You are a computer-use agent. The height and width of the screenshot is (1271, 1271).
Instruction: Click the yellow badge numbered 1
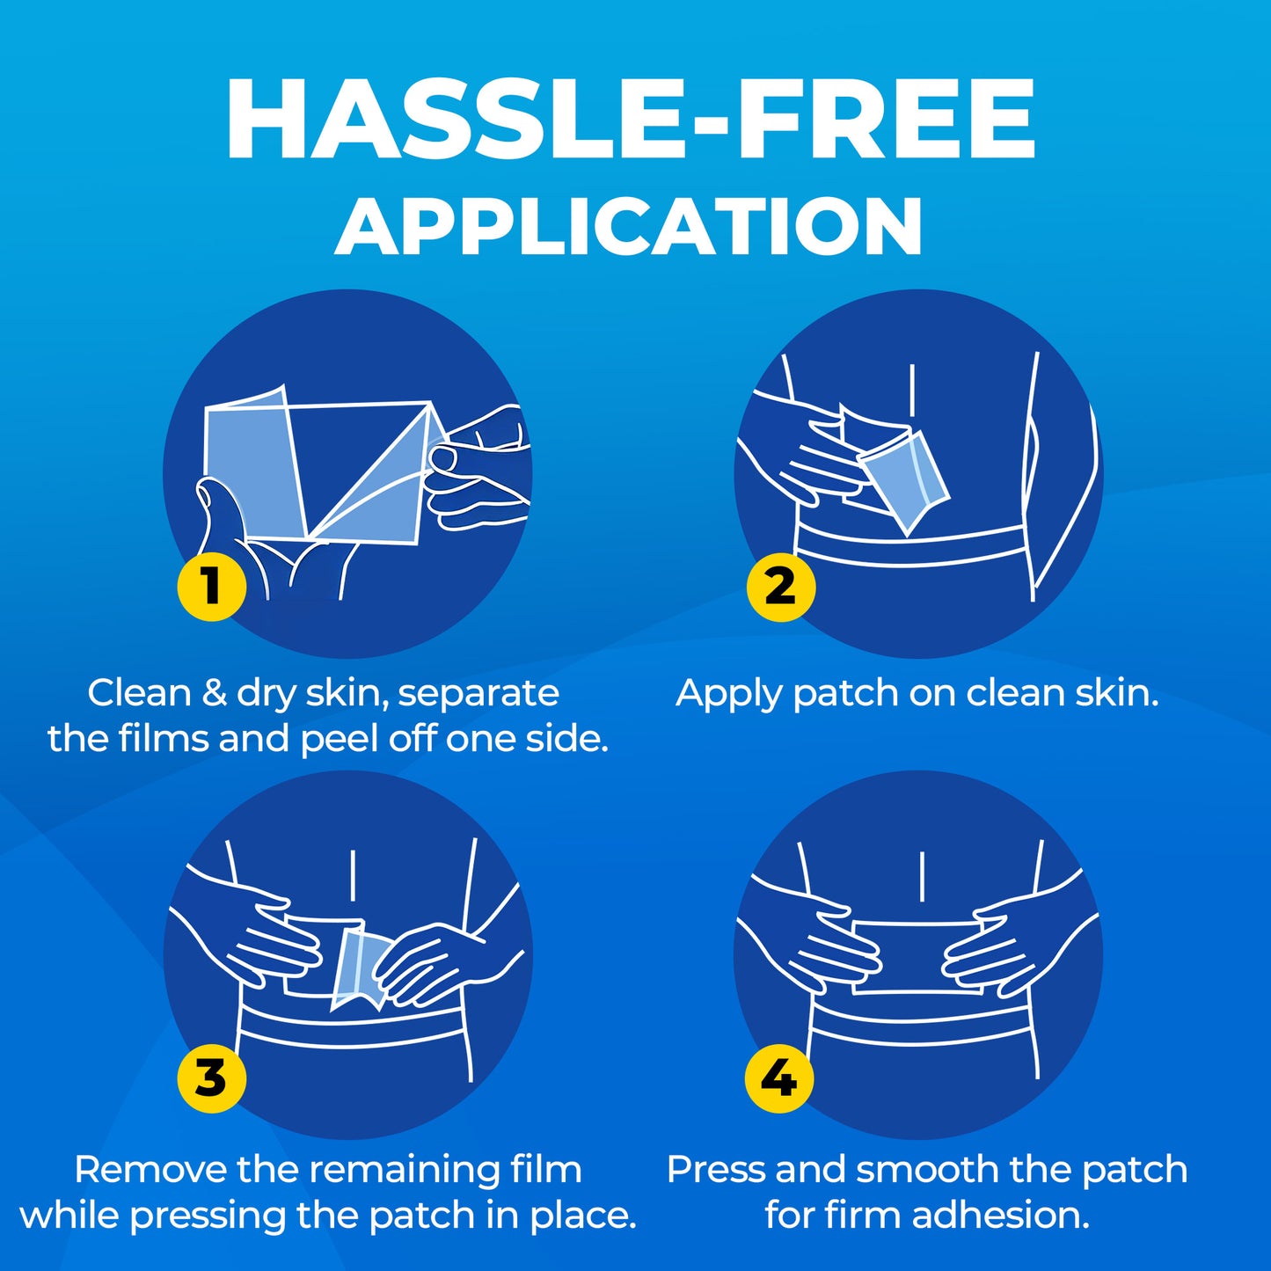(212, 587)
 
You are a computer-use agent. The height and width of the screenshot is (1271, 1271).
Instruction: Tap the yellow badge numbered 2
(781, 587)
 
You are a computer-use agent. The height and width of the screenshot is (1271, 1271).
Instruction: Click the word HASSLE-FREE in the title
(631, 120)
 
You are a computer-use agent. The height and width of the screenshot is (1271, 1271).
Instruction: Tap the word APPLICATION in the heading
(629, 226)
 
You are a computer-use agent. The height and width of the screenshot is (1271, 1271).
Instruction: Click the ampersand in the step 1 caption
(213, 693)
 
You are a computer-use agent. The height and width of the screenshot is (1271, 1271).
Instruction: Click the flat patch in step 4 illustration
(917, 957)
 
